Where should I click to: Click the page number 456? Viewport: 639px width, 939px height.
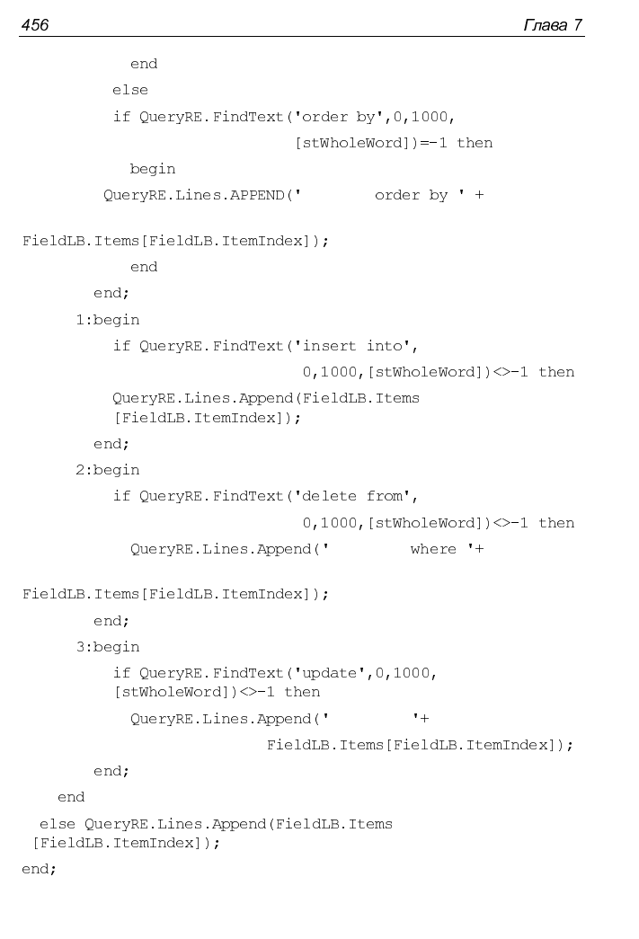[35, 24]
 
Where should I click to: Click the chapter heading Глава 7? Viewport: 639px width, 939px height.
[552, 24]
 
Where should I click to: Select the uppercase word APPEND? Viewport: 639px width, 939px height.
[257, 195]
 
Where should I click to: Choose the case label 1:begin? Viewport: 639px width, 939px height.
[107, 320]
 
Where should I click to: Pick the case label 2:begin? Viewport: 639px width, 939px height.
[107, 470]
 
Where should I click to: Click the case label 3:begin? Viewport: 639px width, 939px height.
[107, 647]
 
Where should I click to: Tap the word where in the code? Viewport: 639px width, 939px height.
[433, 549]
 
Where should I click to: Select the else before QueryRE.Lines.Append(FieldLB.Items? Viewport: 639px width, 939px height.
[57, 824]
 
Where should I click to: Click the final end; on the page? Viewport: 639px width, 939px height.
[39, 869]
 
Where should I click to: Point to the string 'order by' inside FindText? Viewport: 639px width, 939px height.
[338, 117]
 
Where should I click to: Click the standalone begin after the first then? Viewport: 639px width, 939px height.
[153, 170]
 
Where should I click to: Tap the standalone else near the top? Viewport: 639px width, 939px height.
[130, 90]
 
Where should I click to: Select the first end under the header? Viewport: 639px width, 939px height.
[144, 64]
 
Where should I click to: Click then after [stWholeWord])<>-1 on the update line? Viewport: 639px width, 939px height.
[302, 692]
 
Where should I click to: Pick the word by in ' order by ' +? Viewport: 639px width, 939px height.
[439, 196]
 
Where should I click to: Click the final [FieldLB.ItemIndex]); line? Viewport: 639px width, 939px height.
[127, 843]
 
